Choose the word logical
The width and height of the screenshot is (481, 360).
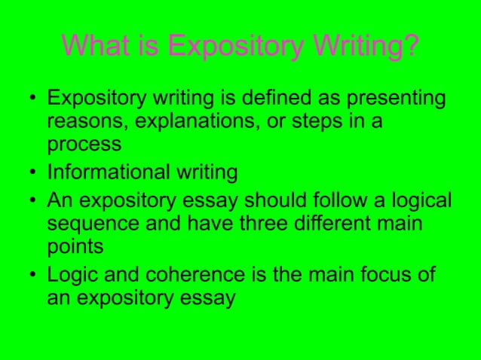(420, 201)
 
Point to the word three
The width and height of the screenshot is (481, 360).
(255, 223)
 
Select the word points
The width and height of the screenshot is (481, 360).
(75, 247)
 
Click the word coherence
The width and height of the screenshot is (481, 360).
(187, 274)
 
